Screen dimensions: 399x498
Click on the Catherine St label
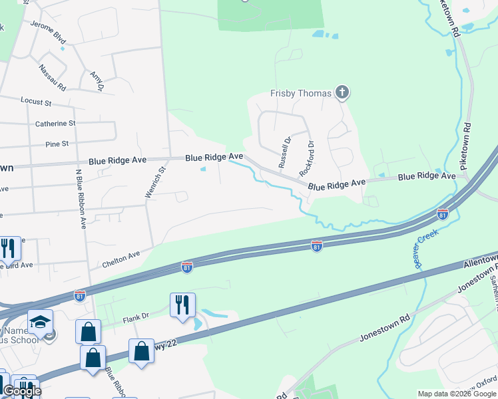point(55,124)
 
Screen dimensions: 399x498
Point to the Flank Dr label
point(137,320)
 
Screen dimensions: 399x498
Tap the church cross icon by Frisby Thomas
point(342,92)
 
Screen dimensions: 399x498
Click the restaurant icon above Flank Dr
point(182,305)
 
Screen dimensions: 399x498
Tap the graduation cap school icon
point(41,321)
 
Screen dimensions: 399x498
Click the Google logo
point(22,391)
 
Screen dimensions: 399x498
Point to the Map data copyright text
point(457,394)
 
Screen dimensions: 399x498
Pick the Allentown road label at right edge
point(480,259)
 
